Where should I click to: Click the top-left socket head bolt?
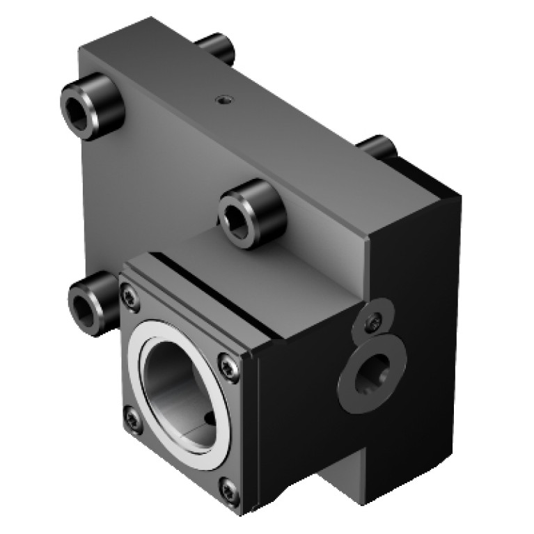[x=91, y=105]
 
